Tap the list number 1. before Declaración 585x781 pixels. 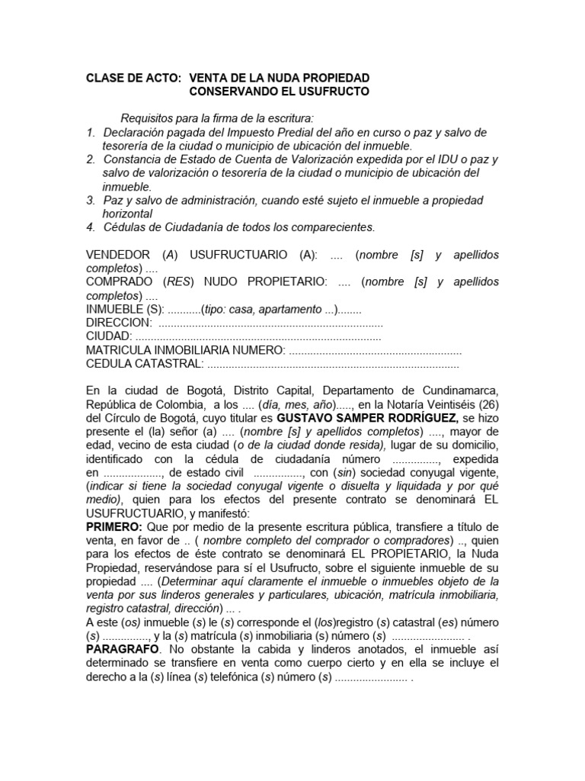click(91, 133)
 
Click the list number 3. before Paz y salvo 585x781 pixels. click(91, 200)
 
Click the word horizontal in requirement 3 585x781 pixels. click(128, 214)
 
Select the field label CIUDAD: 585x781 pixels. click(109, 336)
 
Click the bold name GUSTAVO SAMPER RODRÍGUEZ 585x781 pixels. click(368, 418)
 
